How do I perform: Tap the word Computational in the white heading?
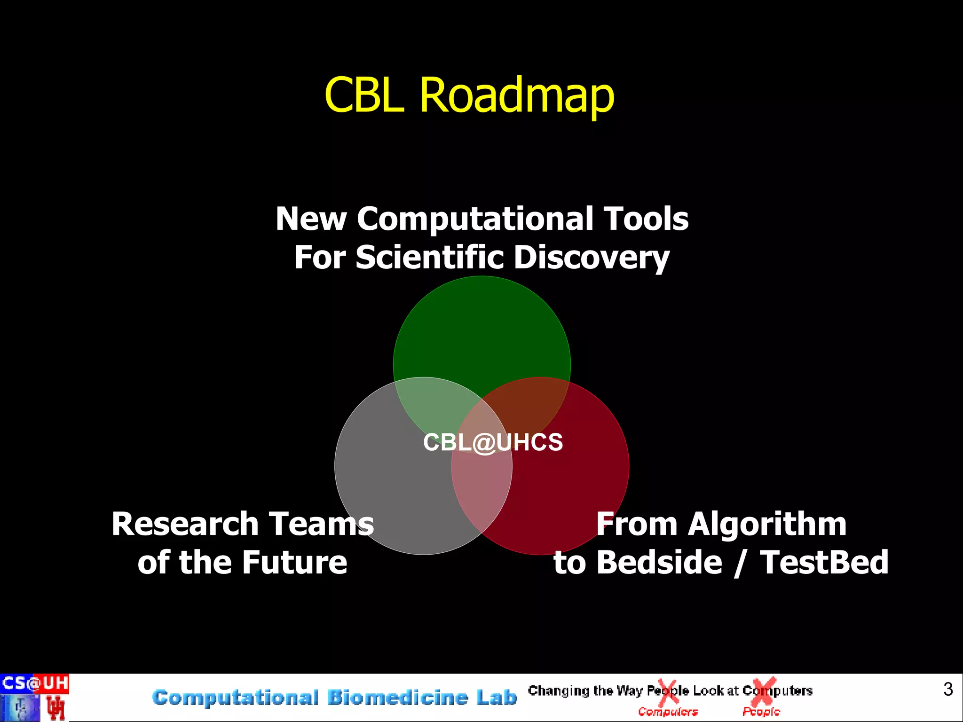pyautogui.click(x=475, y=219)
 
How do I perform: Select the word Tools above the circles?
pyautogui.click(x=646, y=219)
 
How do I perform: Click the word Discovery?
pyautogui.click(x=592, y=258)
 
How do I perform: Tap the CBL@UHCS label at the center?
pyautogui.click(x=492, y=442)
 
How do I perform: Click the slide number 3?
pyautogui.click(x=948, y=689)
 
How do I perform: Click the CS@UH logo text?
pyautogui.click(x=34, y=683)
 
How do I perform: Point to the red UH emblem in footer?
pyautogui.click(x=56, y=708)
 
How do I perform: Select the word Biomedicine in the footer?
pyautogui.click(x=398, y=698)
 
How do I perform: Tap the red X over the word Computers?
pyautogui.click(x=764, y=691)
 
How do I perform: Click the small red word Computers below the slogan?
pyautogui.click(x=668, y=712)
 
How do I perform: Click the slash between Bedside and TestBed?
pyautogui.click(x=740, y=563)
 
